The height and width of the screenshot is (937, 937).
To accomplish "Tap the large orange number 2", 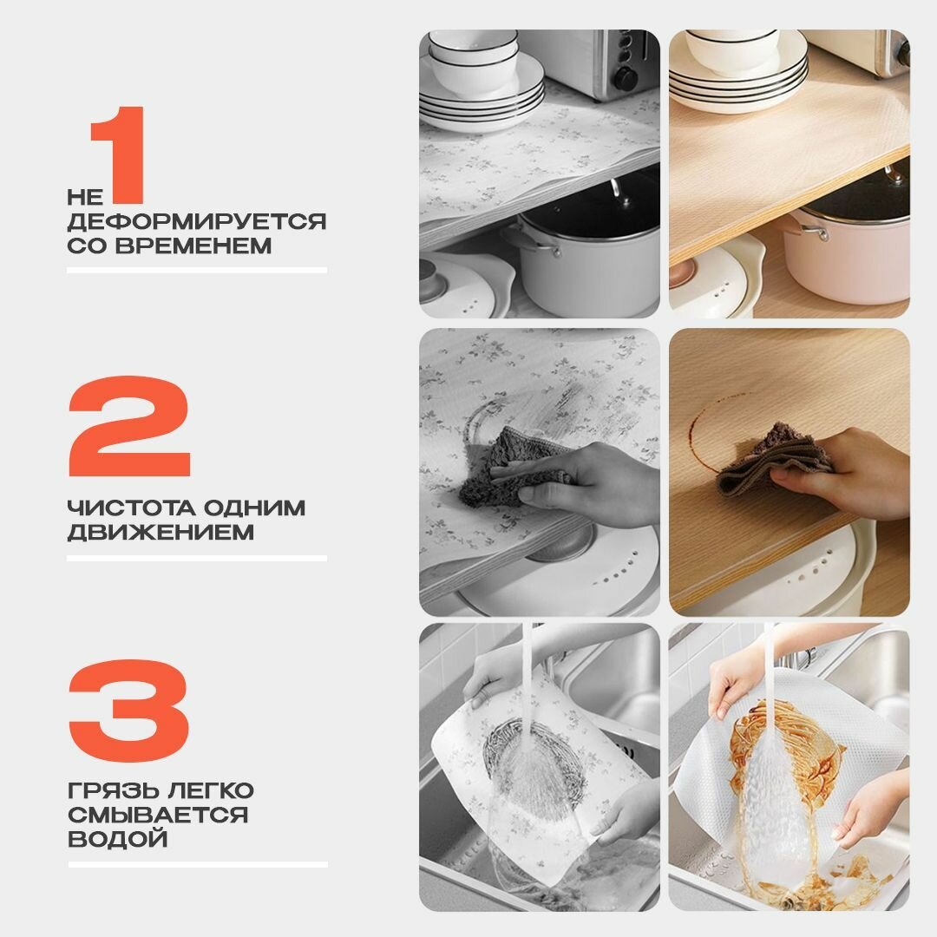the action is (129, 426).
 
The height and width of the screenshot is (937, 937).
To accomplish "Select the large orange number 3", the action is (129, 711).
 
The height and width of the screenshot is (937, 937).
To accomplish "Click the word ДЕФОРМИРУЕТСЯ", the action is (197, 222).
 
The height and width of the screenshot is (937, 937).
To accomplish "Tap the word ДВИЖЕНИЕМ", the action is (161, 532).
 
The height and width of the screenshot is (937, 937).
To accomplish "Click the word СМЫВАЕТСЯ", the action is (158, 815).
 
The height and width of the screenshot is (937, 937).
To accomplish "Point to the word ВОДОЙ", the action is (118, 839).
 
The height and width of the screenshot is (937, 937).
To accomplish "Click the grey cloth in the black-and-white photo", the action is (511, 466).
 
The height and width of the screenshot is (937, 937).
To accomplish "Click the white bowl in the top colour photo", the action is (732, 51).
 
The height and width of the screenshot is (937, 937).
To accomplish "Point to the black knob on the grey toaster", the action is (625, 78).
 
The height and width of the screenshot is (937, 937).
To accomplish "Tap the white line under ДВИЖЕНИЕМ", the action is (197, 559).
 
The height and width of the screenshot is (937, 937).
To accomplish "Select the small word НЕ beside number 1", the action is (85, 197).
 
